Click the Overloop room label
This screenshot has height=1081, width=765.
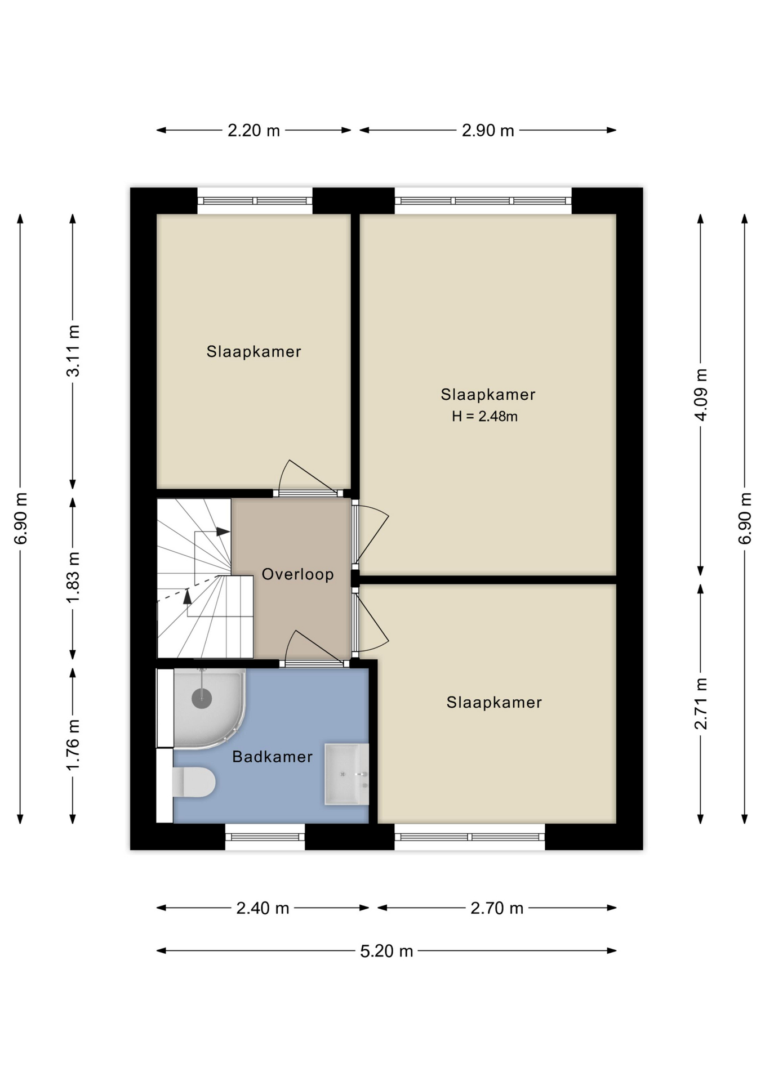[297, 574]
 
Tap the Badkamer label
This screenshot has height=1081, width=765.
[272, 757]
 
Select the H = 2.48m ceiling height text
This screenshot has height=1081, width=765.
[484, 417]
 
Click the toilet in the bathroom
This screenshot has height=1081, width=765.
[194, 782]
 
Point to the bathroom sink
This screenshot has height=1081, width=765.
[346, 774]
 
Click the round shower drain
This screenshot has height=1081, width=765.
[202, 699]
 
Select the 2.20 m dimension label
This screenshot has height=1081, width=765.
[253, 131]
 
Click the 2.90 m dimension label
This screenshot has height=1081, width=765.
[488, 131]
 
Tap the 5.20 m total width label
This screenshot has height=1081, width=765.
[386, 951]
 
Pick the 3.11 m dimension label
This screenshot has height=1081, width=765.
[73, 351]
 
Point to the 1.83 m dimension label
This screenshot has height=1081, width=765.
[73, 578]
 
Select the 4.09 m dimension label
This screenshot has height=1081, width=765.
[701, 395]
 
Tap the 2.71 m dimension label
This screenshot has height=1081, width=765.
[701, 704]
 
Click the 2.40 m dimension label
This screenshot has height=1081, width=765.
[263, 908]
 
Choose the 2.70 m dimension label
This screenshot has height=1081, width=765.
[497, 908]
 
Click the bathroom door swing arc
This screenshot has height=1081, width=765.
[288, 642]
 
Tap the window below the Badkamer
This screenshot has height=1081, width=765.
[265, 836]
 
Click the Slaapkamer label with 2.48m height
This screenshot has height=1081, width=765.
[488, 395]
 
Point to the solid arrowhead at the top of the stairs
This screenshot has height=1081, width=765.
[223, 531]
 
